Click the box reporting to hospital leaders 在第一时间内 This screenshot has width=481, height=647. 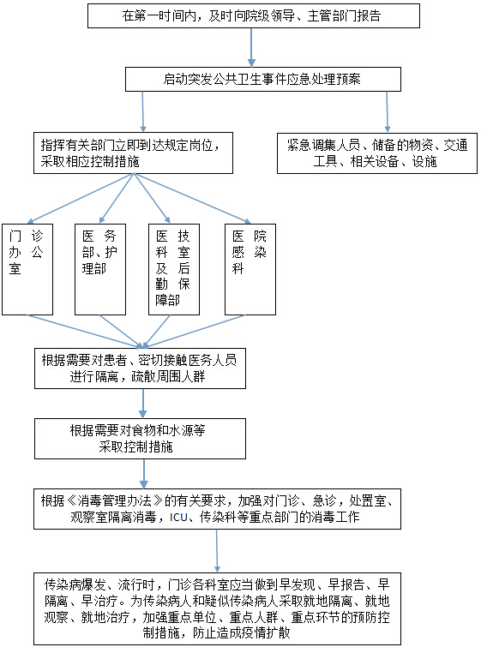[254, 16]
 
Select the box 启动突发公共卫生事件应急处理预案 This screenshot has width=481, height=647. [263, 79]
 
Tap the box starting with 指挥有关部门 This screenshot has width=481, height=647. [134, 153]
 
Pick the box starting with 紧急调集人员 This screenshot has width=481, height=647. [377, 153]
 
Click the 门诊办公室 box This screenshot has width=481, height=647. [27, 269]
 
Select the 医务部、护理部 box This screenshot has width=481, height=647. [100, 269]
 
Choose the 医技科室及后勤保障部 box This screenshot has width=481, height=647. [174, 269]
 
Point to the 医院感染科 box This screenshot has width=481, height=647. [250, 269]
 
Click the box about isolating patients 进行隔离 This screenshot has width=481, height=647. [140, 368]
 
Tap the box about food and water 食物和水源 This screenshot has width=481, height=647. [140, 439]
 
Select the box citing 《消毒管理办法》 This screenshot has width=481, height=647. [217, 509]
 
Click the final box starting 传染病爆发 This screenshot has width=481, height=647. [217, 608]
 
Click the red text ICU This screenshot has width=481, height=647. [178, 517]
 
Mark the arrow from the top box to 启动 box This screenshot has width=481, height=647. [251, 47]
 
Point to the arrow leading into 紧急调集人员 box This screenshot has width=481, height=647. [387, 111]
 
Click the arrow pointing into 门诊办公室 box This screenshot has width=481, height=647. [81, 199]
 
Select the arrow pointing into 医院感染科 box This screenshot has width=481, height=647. [192, 199]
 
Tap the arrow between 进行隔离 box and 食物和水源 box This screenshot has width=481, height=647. [143, 404]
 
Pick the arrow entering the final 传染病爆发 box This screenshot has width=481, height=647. [217, 551]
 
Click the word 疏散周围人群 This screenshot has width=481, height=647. [168, 377]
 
